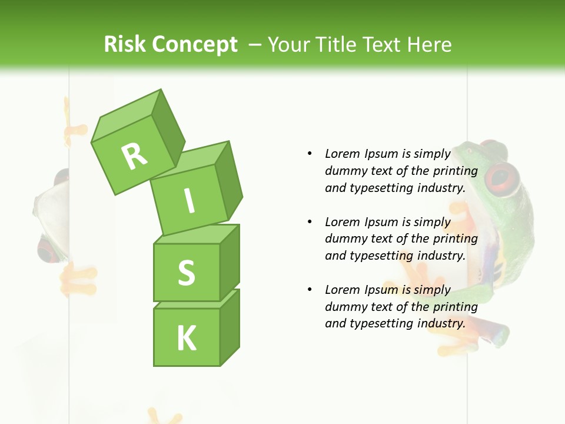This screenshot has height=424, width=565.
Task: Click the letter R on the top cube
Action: coord(134,155)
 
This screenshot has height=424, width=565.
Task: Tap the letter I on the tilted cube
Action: coord(189,201)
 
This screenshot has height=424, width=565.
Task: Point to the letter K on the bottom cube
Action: coord(187,338)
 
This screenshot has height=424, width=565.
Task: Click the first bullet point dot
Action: coord(310,154)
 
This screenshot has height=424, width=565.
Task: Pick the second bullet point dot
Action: coord(310,222)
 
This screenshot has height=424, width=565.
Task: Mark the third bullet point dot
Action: coord(310,290)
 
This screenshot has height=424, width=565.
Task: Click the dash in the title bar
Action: coord(255,44)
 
